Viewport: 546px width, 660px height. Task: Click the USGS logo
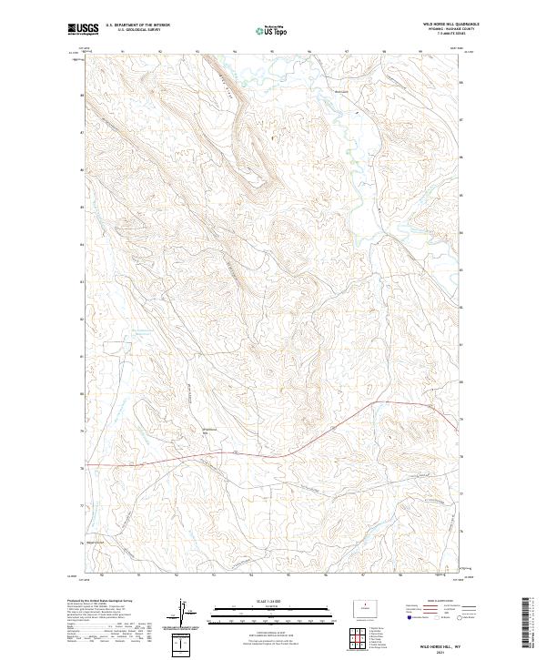83,30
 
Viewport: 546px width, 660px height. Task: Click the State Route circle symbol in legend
459,618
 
